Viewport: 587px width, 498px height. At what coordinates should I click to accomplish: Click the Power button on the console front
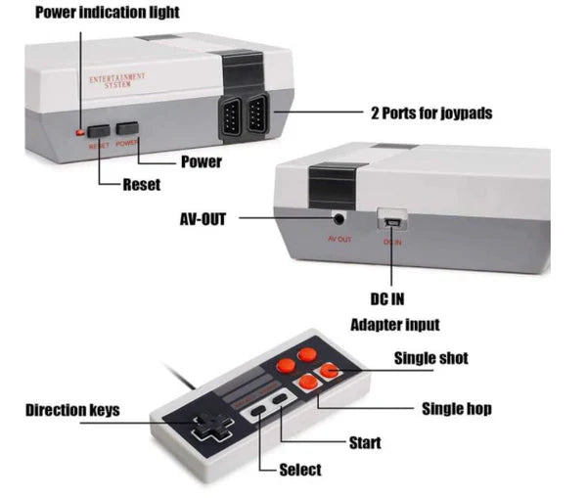tap(127, 128)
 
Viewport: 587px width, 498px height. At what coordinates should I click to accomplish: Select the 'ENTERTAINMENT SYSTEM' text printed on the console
tap(116, 80)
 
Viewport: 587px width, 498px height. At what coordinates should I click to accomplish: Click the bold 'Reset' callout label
tap(141, 185)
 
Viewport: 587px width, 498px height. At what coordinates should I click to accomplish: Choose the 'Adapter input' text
tap(394, 325)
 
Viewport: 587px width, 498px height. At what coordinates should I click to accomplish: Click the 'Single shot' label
tap(429, 358)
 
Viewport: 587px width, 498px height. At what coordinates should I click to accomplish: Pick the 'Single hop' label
tap(455, 408)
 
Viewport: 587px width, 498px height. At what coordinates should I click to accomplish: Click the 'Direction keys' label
tap(72, 410)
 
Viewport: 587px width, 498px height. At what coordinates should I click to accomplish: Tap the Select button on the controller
tap(257, 413)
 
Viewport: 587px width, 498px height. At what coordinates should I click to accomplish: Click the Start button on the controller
tap(280, 401)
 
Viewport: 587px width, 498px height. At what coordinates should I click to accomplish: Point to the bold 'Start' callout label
tap(365, 443)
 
